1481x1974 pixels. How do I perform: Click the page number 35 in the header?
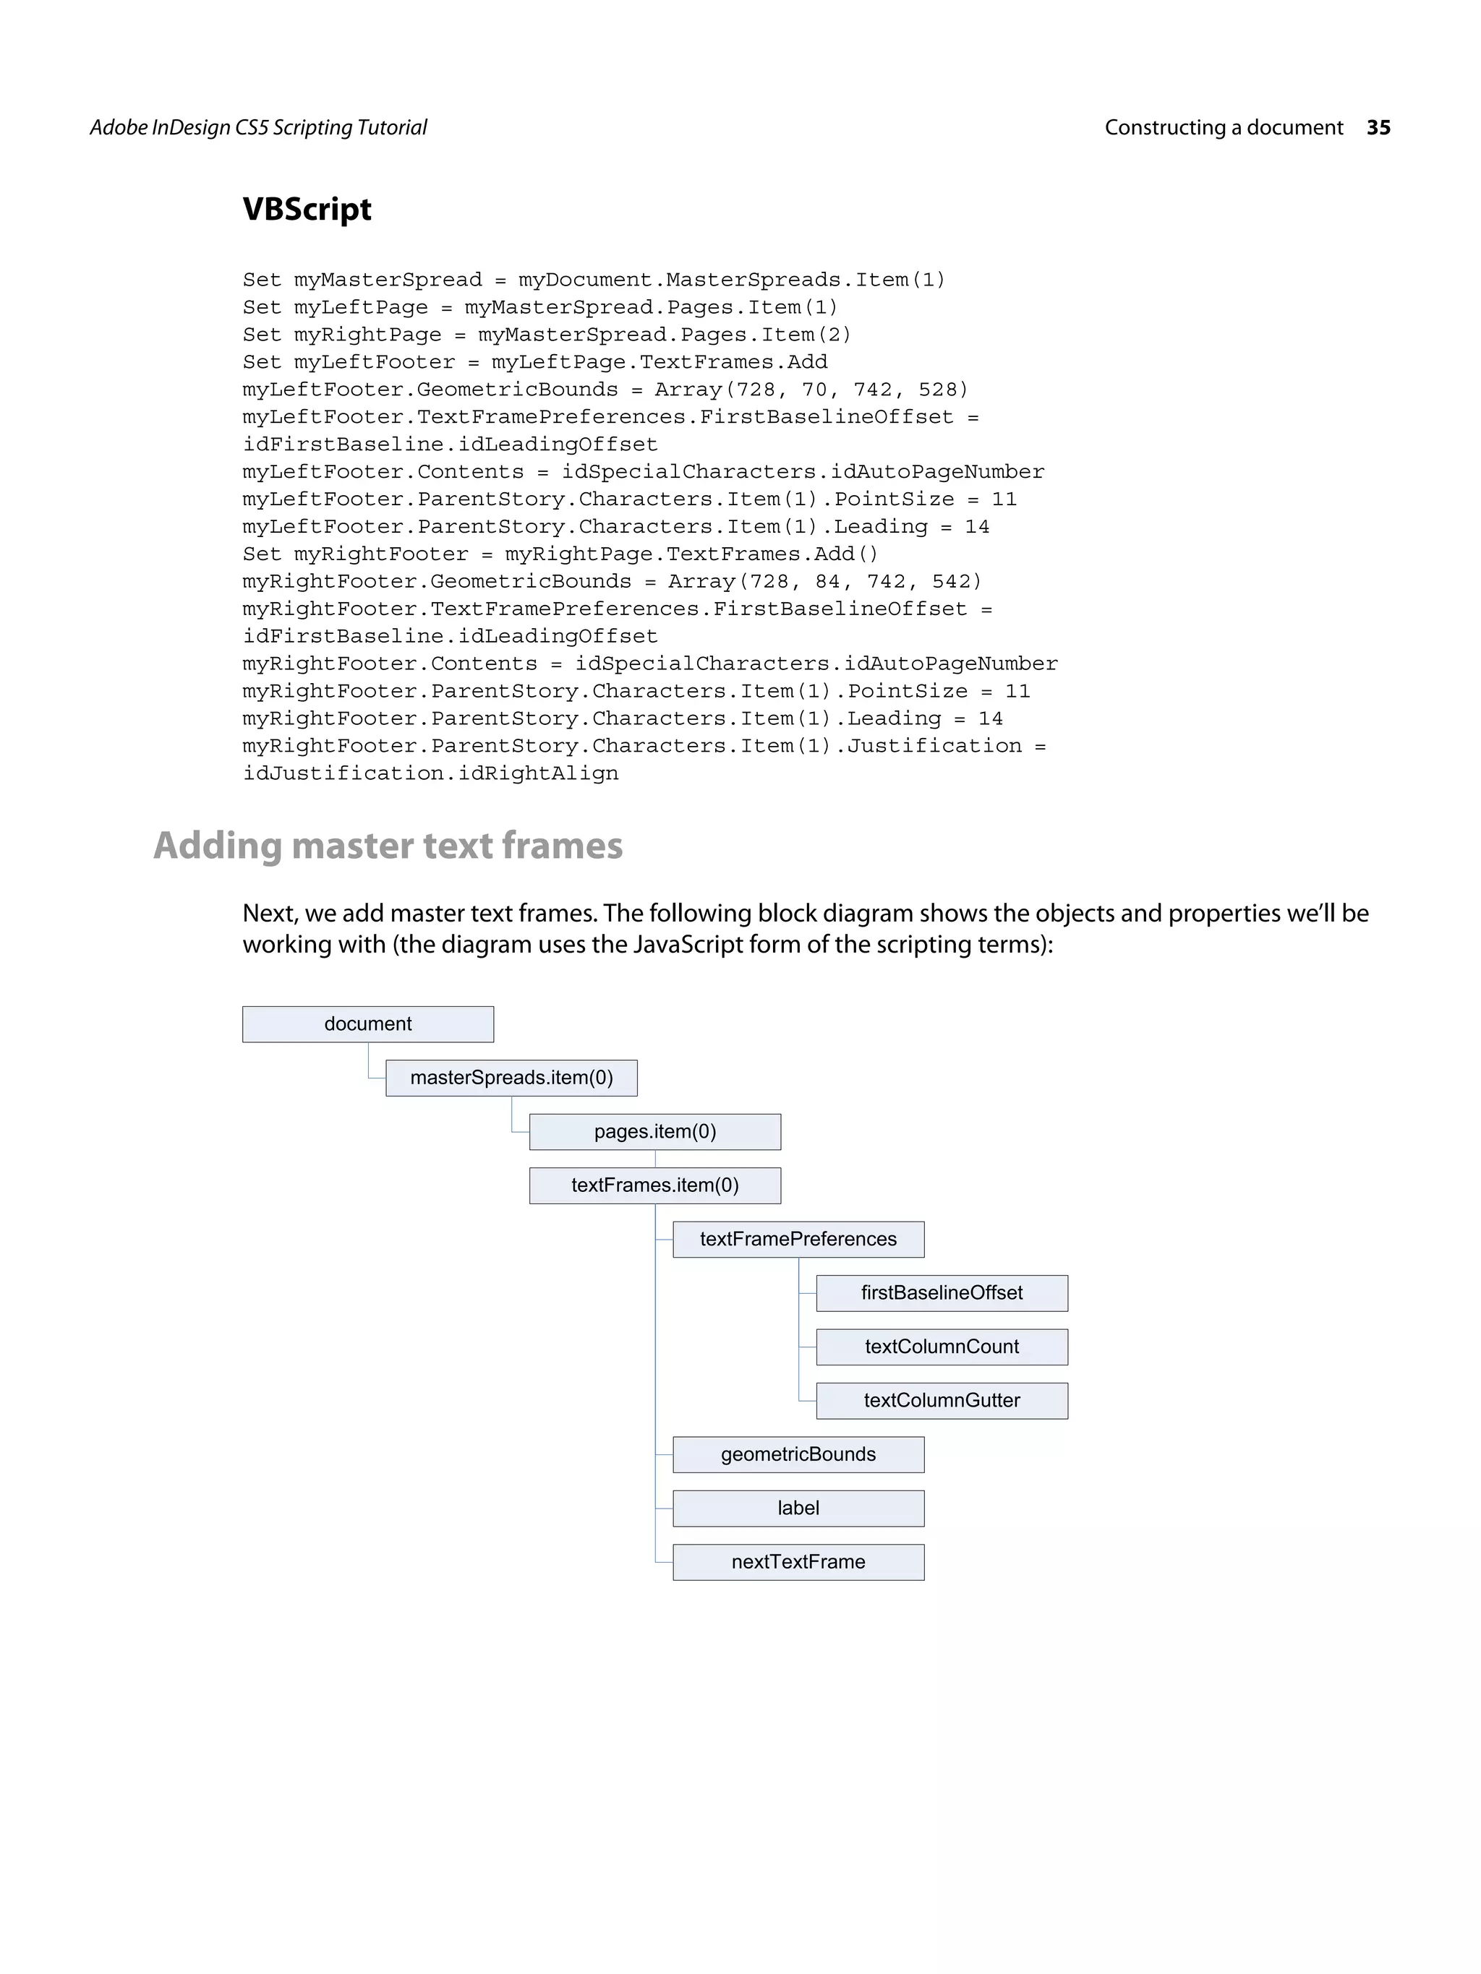1378,128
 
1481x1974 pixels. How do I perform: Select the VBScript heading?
307,209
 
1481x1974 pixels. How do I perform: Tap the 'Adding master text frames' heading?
388,845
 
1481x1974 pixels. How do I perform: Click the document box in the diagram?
368,1024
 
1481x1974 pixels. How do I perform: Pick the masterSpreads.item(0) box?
511,1078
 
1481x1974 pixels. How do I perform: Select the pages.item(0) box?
654,1132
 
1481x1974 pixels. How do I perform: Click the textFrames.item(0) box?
654,1185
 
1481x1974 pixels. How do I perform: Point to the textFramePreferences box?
798,1239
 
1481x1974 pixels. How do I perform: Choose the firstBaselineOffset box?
941,1293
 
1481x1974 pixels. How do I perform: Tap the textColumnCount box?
941,1347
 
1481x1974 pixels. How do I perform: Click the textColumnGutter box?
941,1400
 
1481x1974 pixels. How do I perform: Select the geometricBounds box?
798,1454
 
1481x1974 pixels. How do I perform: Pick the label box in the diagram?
798,1509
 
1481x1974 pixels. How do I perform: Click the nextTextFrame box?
798,1562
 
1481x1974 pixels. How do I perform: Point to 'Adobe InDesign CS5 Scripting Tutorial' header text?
258,128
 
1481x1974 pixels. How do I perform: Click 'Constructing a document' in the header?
1223,128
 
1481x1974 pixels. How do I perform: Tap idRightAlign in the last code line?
537,773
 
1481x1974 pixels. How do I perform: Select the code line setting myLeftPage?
540,308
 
